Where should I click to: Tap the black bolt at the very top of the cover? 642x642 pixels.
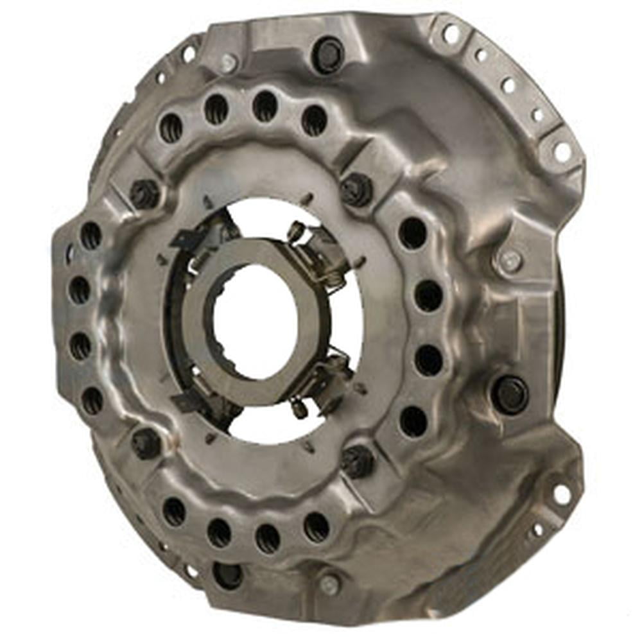(328, 55)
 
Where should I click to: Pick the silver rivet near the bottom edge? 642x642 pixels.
(329, 584)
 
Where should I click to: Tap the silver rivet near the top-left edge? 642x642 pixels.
(228, 62)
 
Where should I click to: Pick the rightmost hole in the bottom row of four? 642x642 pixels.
(316, 526)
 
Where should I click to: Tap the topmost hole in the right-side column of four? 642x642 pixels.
(412, 233)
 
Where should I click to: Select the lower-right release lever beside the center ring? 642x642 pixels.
(324, 382)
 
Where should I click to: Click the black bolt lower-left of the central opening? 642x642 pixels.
(146, 443)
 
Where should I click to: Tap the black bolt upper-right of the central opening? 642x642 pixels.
(356, 190)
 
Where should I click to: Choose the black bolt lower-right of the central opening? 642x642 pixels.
(356, 460)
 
